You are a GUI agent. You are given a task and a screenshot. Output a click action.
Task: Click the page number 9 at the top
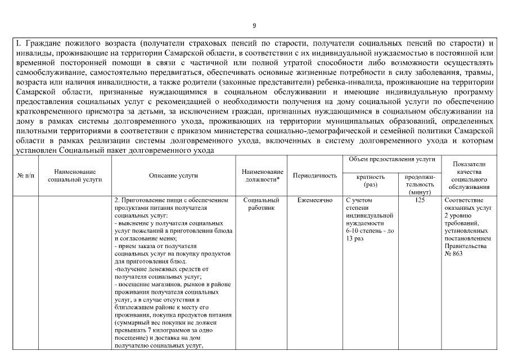254,25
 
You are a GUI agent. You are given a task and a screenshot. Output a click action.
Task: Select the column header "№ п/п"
25,175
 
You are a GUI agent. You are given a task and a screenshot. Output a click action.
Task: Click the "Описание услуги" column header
173,175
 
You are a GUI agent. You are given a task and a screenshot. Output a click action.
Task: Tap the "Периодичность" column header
315,175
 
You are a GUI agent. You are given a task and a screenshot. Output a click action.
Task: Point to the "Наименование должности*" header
262,175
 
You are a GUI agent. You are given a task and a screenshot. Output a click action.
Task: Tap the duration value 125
420,200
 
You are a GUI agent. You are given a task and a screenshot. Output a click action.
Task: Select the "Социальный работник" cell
262,204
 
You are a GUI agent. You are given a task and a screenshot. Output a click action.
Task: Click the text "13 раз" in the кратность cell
355,238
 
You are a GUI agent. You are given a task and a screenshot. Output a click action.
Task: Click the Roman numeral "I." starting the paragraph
18,43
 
